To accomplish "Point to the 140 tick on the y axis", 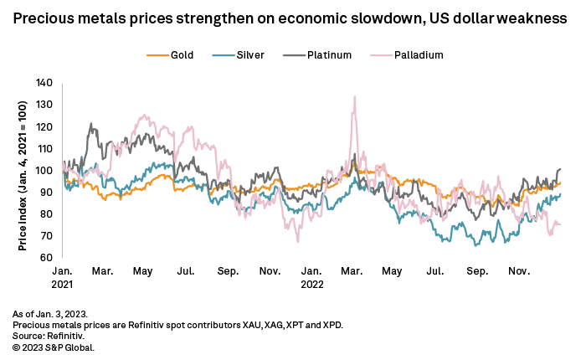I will [x=44, y=83].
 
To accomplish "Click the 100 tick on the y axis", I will [x=44, y=170].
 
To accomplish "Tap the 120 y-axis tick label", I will [x=44, y=126].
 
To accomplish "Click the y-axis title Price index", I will [x=23, y=170].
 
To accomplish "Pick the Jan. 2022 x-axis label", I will [x=311, y=277].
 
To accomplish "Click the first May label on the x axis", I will [x=145, y=272].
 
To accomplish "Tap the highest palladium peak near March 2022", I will [x=355, y=96].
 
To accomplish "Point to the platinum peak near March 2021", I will [x=91, y=124].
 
